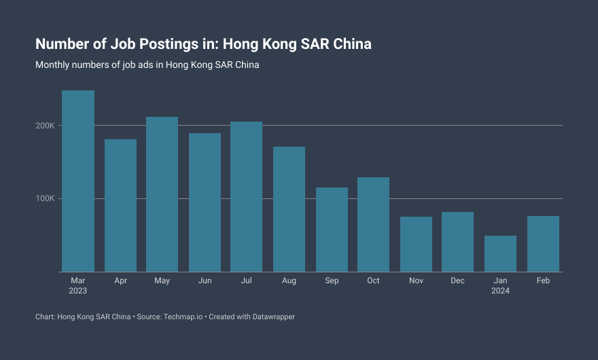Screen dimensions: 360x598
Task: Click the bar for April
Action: tap(120, 205)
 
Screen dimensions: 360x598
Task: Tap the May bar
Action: tap(162, 194)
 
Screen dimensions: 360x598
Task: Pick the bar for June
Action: tap(205, 202)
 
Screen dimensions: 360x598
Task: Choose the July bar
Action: tap(246, 196)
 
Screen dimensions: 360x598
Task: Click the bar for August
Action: tap(289, 209)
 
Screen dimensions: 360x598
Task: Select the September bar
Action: tap(332, 230)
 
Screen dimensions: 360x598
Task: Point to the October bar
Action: tap(373, 224)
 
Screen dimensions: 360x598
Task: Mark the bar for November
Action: tap(416, 244)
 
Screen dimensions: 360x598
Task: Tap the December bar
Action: tap(457, 242)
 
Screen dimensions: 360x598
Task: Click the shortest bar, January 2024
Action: tap(500, 253)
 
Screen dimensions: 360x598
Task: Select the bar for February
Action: tap(543, 244)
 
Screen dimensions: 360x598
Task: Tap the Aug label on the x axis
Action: tap(289, 281)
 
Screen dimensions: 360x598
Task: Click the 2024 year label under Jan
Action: tap(500, 291)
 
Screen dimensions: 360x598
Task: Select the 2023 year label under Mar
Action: tap(78, 291)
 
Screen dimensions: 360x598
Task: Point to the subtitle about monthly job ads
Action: tap(147, 66)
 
